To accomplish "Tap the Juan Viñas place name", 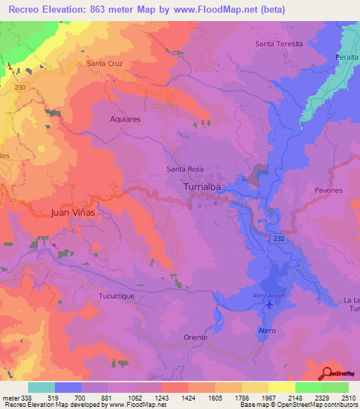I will pyautogui.click(x=73, y=211).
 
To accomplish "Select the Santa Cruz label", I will pyautogui.click(x=105, y=63).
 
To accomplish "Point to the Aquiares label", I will pyautogui.click(x=125, y=119).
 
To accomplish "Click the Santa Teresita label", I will pyautogui.click(x=279, y=44).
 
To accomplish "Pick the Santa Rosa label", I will pyautogui.click(x=185, y=169).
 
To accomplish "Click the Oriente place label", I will pyautogui.click(x=195, y=337).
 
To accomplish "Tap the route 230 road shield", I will pyautogui.click(x=21, y=87).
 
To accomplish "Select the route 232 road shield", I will pyautogui.click(x=280, y=240).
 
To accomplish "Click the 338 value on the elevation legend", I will pyautogui.click(x=25, y=398).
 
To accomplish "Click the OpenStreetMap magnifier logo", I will pyautogui.click(x=328, y=373).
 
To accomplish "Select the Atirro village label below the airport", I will pyautogui.click(x=266, y=330).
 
